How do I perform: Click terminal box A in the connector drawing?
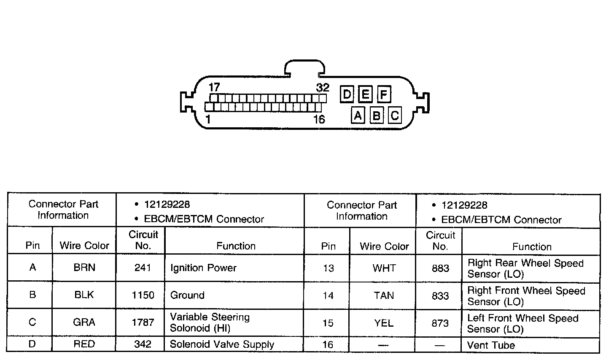pos(358,115)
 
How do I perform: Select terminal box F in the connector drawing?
pos(384,94)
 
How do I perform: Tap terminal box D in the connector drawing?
pos(347,94)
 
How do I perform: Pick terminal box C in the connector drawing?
pos(395,115)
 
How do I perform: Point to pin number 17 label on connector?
pos(214,87)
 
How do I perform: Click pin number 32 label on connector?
pos(323,88)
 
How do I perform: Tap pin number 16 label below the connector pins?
pos(319,120)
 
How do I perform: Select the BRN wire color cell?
pos(84,268)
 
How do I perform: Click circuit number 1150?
pos(143,295)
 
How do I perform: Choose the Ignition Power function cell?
pos(203,268)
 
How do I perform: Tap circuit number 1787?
pos(143,322)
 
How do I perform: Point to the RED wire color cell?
pos(84,344)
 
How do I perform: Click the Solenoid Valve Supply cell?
pos(222,344)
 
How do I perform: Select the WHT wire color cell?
pos(384,269)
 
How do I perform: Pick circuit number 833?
pos(440,296)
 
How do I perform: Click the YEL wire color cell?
pos(384,323)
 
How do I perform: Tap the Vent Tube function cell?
pos(491,346)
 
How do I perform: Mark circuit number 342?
pos(143,344)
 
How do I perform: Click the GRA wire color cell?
pos(84,322)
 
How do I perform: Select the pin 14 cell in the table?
pos(328,296)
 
